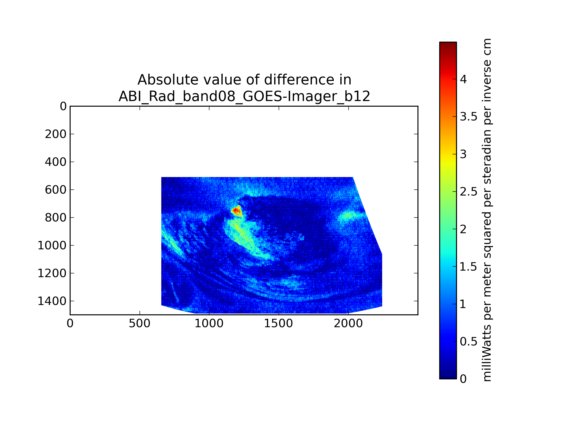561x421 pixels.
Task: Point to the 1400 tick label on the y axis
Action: (52, 301)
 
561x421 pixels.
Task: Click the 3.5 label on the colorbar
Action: (468, 117)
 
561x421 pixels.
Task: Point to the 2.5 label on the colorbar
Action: (468, 192)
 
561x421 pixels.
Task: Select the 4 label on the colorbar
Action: (463, 80)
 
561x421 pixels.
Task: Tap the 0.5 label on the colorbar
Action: (468, 342)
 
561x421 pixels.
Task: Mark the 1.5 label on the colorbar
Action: (468, 267)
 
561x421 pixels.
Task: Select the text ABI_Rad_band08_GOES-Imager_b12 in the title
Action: (244, 96)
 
